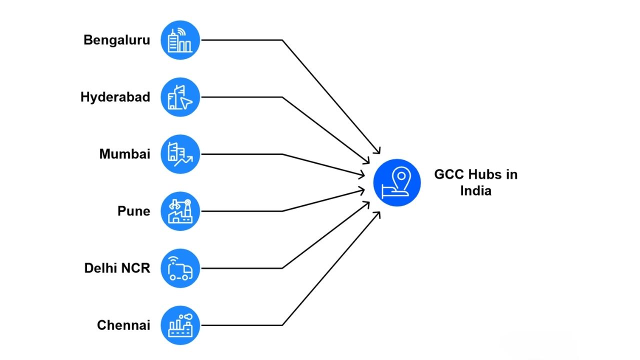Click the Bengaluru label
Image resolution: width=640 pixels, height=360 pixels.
point(116,40)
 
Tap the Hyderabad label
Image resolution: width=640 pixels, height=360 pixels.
point(115,97)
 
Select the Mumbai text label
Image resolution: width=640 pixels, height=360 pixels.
point(124,154)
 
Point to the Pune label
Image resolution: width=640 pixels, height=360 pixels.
point(133,211)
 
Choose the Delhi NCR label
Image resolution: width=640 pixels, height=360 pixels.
point(117,268)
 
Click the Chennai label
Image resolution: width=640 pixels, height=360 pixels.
point(123,325)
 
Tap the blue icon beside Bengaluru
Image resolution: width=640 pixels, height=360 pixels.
point(180,40)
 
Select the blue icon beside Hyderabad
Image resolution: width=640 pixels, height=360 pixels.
point(180,97)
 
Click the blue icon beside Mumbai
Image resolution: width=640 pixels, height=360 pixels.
point(180,154)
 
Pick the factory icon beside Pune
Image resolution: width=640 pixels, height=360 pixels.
point(180,211)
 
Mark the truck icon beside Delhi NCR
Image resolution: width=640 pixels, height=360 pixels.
point(180,268)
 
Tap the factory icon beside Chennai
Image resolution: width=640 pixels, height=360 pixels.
point(180,325)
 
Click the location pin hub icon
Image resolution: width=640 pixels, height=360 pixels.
point(397,182)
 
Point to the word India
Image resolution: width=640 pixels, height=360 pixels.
point(475,191)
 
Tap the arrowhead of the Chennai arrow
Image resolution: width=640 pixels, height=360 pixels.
point(378,213)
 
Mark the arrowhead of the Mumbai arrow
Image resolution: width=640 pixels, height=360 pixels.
point(362,174)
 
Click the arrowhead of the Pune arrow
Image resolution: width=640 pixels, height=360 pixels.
point(362,190)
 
